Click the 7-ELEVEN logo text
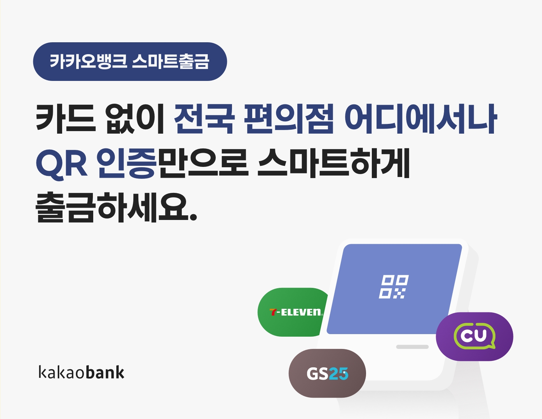pyautogui.click(x=296, y=312)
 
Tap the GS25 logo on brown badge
pyautogui.click(x=327, y=373)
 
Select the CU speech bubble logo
pyautogui.click(x=474, y=336)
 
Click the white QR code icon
pyautogui.click(x=393, y=287)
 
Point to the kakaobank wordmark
pyautogui.click(x=81, y=372)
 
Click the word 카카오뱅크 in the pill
pyautogui.click(x=88, y=61)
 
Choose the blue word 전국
pyautogui.click(x=204, y=118)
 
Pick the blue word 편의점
pyautogui.click(x=288, y=118)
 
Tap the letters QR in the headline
pyautogui.click(x=62, y=163)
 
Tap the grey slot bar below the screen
pyautogui.click(x=412, y=347)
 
